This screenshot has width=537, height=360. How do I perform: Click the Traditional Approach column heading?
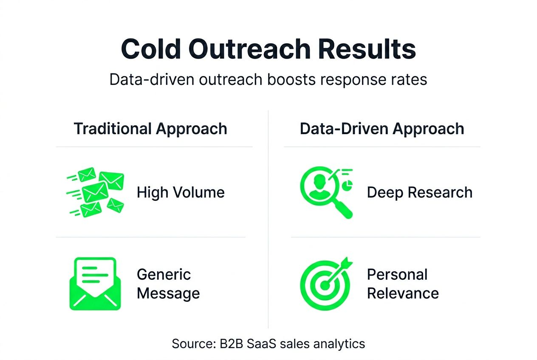(x=150, y=129)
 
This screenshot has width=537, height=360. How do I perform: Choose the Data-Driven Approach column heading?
(x=382, y=129)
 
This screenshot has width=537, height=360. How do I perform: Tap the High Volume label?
(x=181, y=192)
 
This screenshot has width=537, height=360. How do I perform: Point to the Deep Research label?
(x=419, y=192)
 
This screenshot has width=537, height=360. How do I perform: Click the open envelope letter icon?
(x=95, y=284)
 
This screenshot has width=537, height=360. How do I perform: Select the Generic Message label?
(x=168, y=284)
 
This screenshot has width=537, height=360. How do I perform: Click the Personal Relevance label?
(x=403, y=284)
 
